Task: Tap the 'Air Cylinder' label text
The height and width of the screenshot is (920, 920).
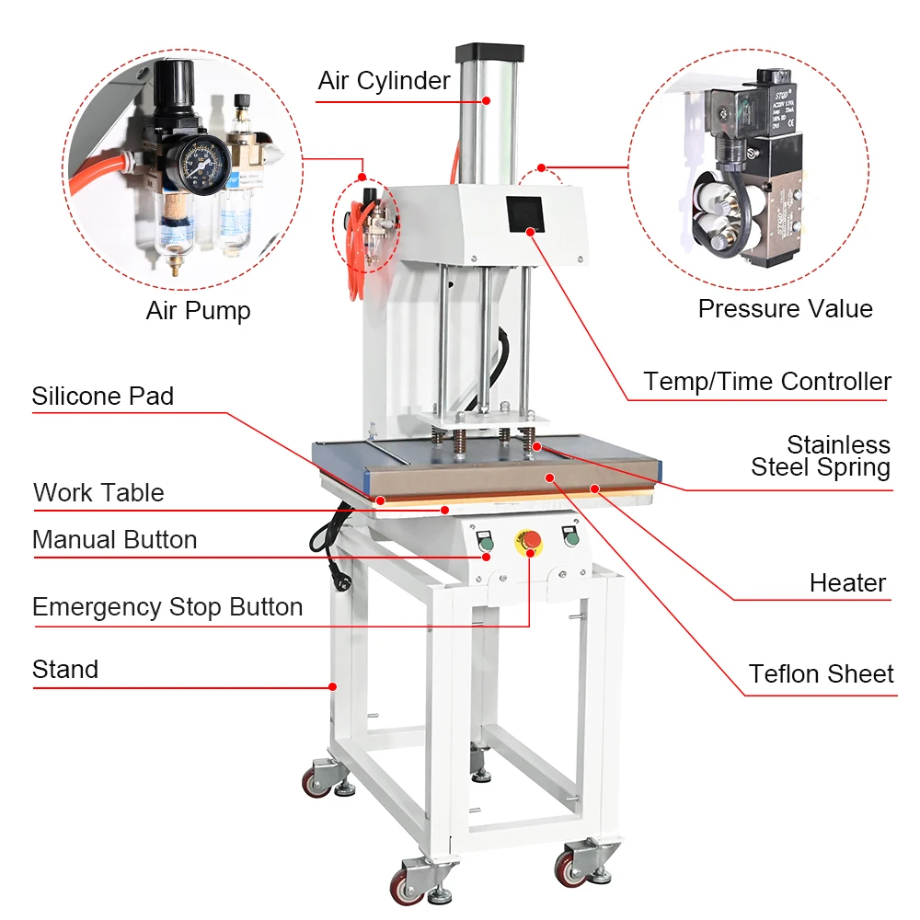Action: point(384,81)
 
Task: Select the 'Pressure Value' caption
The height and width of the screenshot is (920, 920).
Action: point(785,308)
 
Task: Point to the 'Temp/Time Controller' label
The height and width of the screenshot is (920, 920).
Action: point(767,381)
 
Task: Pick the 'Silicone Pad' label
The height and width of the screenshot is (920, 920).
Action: point(102,397)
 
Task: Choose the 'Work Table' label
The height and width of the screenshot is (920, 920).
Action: point(98,493)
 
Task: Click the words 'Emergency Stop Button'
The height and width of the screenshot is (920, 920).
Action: point(167,607)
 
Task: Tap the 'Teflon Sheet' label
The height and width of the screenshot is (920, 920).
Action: point(821,674)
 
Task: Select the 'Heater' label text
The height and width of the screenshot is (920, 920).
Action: point(847,582)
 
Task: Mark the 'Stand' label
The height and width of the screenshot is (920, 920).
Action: point(65,670)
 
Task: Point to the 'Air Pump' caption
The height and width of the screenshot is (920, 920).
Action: point(198,311)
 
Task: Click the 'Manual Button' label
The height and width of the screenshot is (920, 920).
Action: point(114,540)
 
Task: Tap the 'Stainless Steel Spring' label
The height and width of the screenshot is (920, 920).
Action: point(822,456)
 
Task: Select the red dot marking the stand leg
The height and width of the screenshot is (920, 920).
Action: point(333,686)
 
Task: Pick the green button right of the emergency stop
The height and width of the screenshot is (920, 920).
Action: point(571,538)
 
